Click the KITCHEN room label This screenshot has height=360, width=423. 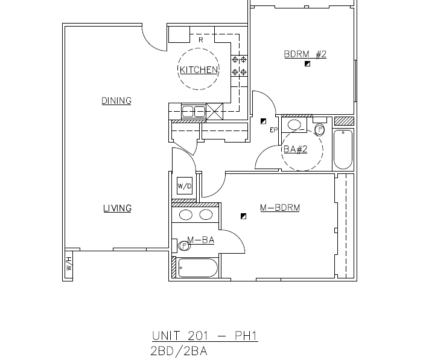pos(199,70)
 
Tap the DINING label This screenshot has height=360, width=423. pos(116,101)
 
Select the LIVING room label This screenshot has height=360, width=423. pos(117,208)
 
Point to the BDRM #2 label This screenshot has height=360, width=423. pos(305,54)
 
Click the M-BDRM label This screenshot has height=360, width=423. pos(280,208)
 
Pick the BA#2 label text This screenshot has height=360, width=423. pos(295,149)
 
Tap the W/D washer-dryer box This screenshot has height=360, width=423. pos(184,186)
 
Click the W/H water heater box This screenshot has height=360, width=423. pos(69,264)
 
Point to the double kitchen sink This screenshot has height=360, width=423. pos(194,111)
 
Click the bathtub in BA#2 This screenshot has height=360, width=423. pos(343,149)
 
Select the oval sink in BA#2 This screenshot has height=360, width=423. pos(295,126)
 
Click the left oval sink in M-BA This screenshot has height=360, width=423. pos(186,215)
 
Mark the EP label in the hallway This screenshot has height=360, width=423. pos(274,130)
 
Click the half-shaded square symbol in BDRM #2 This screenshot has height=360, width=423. pos(307,63)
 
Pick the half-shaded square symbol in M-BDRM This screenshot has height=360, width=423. pos(243,216)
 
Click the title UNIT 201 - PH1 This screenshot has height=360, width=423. pos(205,336)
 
